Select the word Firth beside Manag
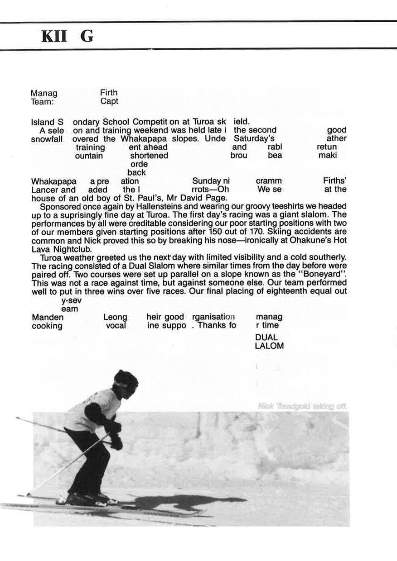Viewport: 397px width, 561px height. point(109,93)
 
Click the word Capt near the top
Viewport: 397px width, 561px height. point(109,101)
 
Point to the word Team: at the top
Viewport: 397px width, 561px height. point(43,102)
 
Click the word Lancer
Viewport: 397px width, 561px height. point(44,190)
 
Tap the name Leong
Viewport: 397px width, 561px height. point(115,317)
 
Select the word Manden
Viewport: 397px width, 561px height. point(48,317)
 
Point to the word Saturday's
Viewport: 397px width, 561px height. point(254,138)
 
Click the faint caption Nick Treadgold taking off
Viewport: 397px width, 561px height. point(302,406)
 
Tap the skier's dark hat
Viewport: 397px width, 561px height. point(126,378)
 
